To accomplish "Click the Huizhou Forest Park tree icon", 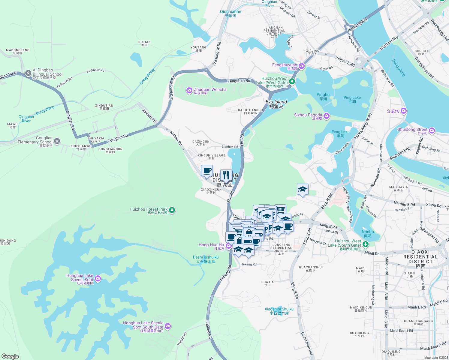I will [172, 210].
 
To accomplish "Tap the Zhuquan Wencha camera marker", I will [189, 90].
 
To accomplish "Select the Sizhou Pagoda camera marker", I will [327, 116].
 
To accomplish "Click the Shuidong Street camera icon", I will [432, 130].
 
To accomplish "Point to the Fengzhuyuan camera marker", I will [302, 66].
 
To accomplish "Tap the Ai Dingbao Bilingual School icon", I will [28, 73].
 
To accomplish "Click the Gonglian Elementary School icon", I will [57, 141].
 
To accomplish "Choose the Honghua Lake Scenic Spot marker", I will [98, 279].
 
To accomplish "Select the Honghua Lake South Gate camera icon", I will [168, 326].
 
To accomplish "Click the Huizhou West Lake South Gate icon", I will [365, 244].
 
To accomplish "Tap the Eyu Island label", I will [276, 102].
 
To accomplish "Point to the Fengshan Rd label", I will [239, 81].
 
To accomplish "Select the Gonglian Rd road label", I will [118, 138].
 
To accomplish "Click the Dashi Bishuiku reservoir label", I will [206, 257].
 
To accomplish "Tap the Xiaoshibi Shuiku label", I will [279, 309].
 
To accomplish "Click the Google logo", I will [10, 356].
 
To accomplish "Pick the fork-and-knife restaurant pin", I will [226, 175].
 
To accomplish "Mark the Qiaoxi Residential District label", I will [420, 257].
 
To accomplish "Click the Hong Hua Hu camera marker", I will [229, 246].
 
